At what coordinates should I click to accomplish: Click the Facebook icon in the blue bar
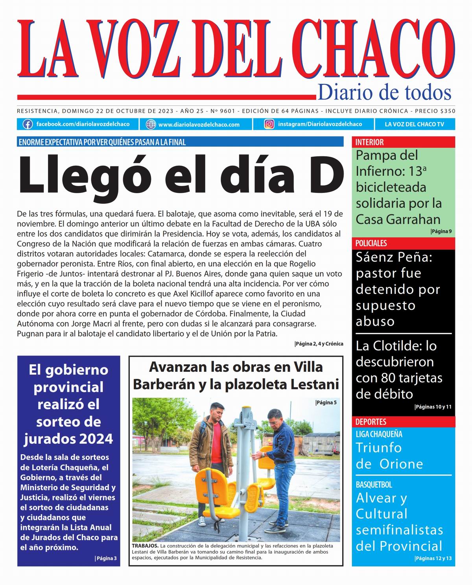click(28, 124)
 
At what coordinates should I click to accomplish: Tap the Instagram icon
click(269, 124)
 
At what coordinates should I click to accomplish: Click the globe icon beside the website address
click(151, 124)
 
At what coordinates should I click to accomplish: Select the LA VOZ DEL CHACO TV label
click(414, 124)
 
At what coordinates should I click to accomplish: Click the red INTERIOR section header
click(369, 142)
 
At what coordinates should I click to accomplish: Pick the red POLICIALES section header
click(371, 243)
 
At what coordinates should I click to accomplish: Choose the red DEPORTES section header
click(371, 422)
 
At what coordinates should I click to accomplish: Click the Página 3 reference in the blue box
click(106, 558)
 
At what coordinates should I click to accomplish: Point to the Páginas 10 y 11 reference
click(433, 407)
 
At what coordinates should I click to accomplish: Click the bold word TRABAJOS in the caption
click(145, 546)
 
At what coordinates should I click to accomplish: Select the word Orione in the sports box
click(401, 464)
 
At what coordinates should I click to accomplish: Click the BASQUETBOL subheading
click(374, 485)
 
